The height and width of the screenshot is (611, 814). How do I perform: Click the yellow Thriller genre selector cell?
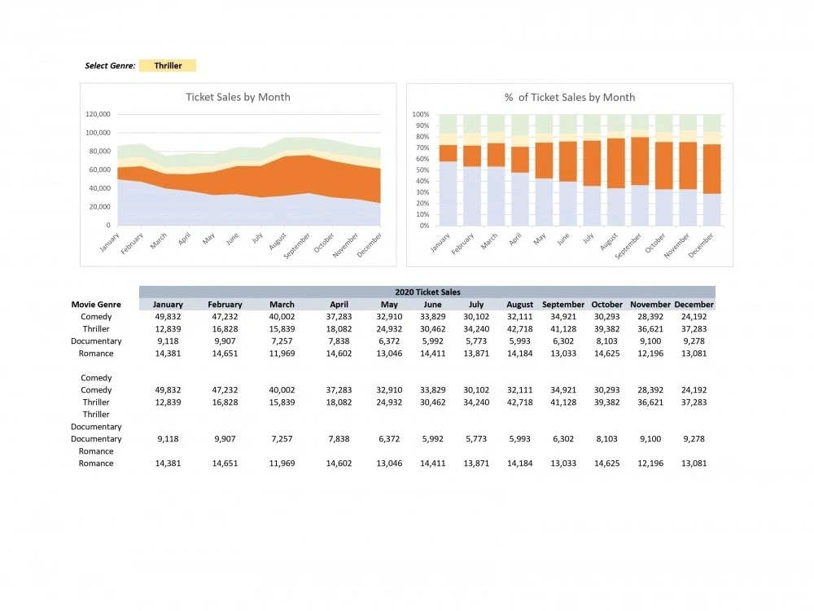tap(168, 66)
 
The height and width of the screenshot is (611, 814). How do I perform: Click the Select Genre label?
tap(110, 66)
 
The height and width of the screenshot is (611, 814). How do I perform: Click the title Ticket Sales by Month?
tap(238, 97)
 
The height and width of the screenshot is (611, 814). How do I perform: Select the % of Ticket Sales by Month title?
tap(569, 97)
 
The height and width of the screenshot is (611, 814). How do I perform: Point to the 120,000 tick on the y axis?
tap(98, 114)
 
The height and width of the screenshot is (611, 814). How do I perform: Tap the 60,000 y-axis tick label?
tap(99, 169)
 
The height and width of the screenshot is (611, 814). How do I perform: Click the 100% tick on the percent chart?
tap(421, 115)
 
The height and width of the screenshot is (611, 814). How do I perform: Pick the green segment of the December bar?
tap(711, 123)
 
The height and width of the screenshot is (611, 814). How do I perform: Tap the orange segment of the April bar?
tap(519, 159)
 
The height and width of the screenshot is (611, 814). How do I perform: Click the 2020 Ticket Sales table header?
tap(427, 292)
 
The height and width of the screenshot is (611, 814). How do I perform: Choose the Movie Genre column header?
tap(96, 305)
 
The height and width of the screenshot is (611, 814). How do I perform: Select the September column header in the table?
tap(563, 305)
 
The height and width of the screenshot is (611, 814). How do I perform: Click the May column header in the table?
tap(389, 305)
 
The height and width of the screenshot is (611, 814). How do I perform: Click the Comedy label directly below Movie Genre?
tap(96, 317)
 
